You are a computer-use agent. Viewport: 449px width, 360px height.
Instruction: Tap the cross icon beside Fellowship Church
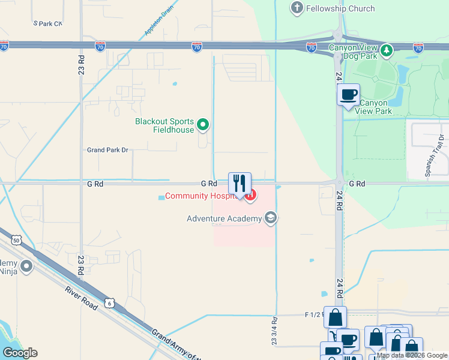296,8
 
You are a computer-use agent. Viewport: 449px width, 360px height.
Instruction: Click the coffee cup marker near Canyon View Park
348,95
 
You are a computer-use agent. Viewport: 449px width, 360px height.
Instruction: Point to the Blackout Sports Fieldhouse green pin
203,125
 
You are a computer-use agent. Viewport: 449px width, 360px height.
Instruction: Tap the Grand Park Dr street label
108,150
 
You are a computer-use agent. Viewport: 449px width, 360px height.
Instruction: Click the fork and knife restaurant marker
240,184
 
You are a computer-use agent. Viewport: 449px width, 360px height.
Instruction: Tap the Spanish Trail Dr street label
436,156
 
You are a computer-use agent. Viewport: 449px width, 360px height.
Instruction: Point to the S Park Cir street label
48,23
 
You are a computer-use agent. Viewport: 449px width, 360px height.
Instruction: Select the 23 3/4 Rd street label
274,331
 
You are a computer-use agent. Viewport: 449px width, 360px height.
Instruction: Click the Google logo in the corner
20,352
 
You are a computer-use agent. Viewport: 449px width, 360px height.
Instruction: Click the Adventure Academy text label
224,218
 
